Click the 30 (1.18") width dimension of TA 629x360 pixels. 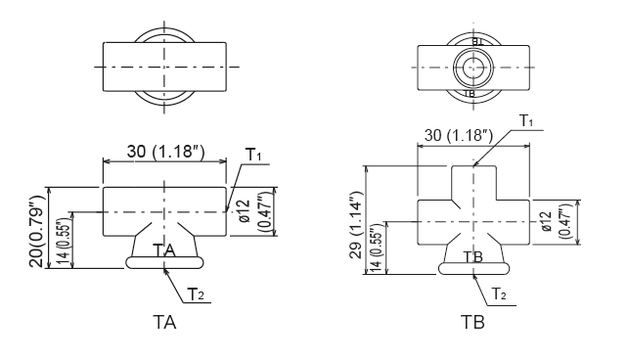(x=164, y=152)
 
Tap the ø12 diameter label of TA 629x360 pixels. (x=244, y=212)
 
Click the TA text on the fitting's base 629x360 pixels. (x=164, y=250)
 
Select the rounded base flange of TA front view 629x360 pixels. (x=164, y=263)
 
